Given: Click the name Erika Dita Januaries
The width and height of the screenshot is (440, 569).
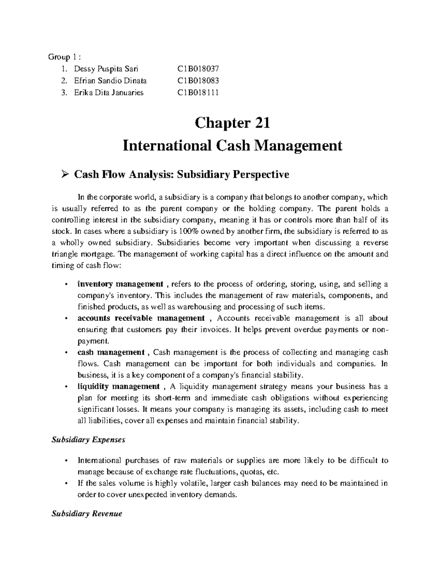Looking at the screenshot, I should click(109, 92).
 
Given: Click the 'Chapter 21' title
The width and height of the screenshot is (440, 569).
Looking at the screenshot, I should click(232, 123).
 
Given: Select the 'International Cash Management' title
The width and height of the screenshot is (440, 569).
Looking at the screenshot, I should click(232, 146).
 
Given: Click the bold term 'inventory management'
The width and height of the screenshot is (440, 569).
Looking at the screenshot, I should click(120, 284).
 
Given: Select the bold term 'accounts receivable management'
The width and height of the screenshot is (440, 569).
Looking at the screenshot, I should click(141, 318).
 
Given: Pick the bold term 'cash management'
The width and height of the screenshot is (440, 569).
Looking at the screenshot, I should click(111, 352).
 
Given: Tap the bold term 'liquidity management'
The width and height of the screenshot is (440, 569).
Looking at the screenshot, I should click(118, 387).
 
